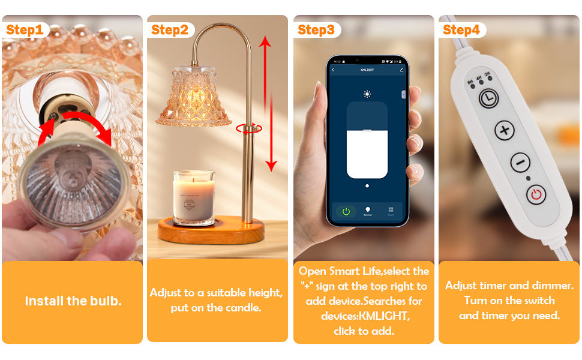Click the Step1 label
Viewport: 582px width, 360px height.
pyautogui.click(x=25, y=30)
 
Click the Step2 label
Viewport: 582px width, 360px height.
pyautogui.click(x=170, y=30)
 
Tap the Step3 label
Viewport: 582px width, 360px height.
pyautogui.click(x=316, y=30)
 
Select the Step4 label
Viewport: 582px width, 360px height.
pyautogui.click(x=461, y=30)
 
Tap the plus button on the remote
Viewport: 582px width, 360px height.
pyautogui.click(x=504, y=130)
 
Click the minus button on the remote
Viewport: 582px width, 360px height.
pyautogui.click(x=520, y=163)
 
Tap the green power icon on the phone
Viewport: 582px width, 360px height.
pyautogui.click(x=346, y=211)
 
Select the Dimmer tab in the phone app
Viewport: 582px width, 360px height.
pyautogui.click(x=368, y=211)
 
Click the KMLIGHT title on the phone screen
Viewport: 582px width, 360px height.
pyautogui.click(x=367, y=70)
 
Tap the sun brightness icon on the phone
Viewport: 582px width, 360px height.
pyautogui.click(x=367, y=94)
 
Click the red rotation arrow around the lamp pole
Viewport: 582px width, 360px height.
pyautogui.click(x=248, y=127)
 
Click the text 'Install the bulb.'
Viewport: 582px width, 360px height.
pyautogui.click(x=73, y=301)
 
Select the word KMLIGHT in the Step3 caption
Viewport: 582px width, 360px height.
pyautogui.click(x=388, y=316)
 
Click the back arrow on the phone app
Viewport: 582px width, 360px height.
pyautogui.click(x=334, y=70)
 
